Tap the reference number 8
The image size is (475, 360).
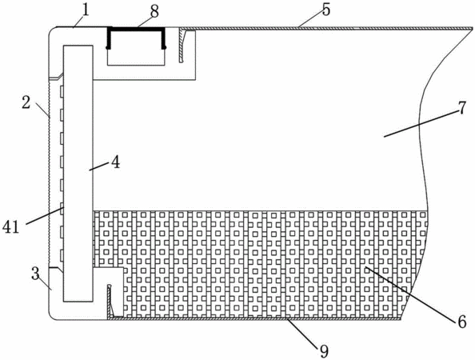coord(154,12)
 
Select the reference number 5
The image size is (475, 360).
coord(326,10)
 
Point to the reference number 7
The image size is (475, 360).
coord(461,108)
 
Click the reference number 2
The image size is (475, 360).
coord(26,102)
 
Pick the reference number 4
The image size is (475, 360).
coord(115,162)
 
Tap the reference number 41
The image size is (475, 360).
coord(11,226)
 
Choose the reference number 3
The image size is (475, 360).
coord(35,274)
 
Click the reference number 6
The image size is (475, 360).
coord(461,322)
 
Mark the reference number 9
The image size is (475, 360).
coord(324,351)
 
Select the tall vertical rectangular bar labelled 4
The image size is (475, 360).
coord(78,174)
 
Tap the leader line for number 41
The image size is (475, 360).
coord(45,215)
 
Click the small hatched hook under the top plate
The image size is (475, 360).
coord(182,46)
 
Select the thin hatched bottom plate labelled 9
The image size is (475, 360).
coord(254,318)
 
